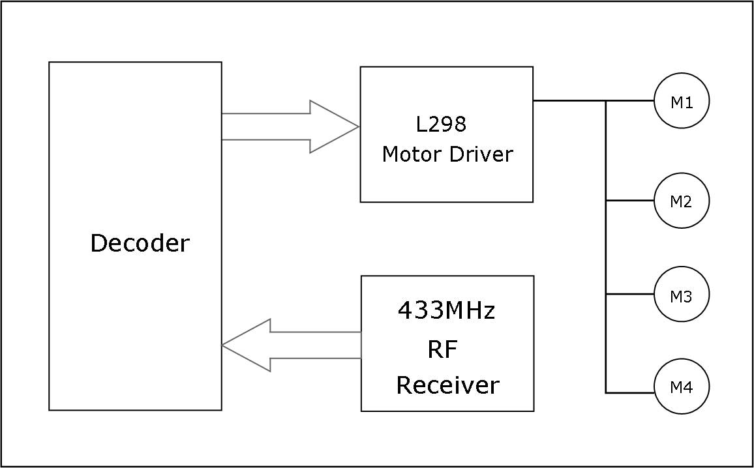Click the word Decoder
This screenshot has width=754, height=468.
[140, 243]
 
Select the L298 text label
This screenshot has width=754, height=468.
[441, 124]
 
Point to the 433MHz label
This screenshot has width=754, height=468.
[446, 311]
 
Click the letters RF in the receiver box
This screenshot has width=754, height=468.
[442, 350]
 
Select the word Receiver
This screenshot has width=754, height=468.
[447, 385]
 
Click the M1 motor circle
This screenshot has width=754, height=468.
[682, 101]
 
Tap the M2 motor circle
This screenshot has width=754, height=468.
[682, 201]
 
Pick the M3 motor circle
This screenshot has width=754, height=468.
[682, 295]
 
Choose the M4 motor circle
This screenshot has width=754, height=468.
[682, 387]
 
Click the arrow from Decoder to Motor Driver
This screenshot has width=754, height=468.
[287, 126]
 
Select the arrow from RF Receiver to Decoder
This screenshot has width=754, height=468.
[294, 345]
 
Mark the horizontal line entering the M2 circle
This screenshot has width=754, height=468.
[630, 201]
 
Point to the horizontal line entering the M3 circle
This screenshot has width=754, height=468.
[630, 294]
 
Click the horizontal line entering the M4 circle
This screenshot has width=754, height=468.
[630, 392]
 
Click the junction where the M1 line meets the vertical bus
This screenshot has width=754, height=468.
[606, 101]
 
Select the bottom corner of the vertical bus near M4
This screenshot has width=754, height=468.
[606, 392]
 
